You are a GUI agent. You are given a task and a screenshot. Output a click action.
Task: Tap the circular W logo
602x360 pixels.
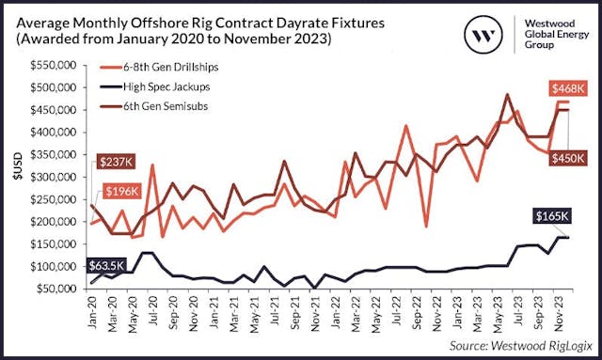pos(483,37)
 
